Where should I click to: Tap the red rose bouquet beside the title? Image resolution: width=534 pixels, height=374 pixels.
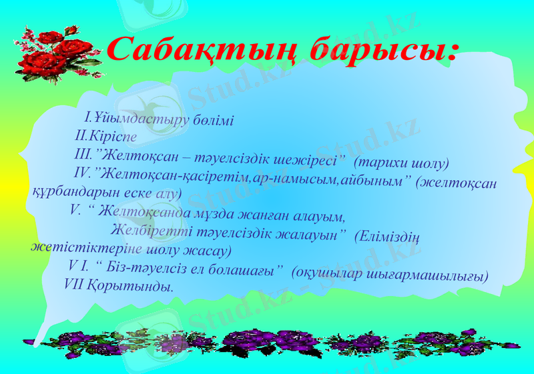pyautogui.click(x=57, y=53)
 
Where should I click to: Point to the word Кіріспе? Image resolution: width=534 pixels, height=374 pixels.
pyautogui.click(x=114, y=137)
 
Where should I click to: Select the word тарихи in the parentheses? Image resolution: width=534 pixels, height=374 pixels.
pyautogui.click(x=384, y=163)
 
